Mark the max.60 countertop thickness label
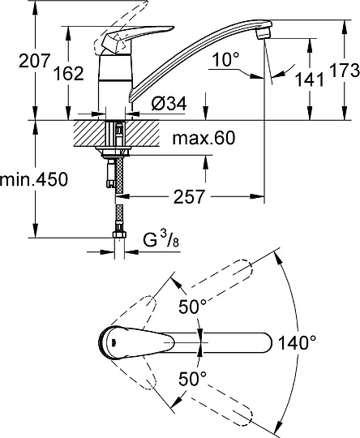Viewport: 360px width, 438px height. pyautogui.click(x=203, y=140)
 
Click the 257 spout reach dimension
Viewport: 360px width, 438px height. pyautogui.click(x=187, y=197)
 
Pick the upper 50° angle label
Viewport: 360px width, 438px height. pyautogui.click(x=193, y=307)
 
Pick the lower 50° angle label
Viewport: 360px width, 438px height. pyautogui.click(x=193, y=378)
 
